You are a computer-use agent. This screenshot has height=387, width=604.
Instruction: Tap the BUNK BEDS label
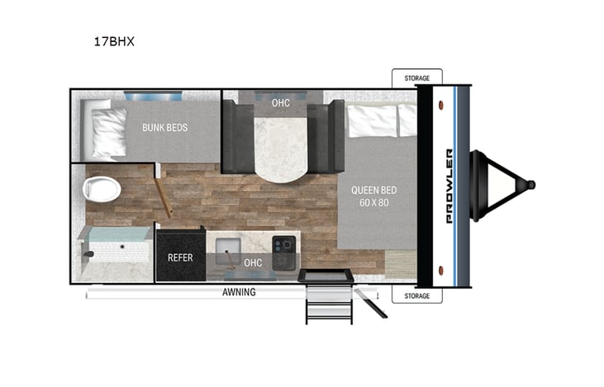point(164,128)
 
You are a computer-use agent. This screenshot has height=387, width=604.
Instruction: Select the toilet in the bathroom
point(102,189)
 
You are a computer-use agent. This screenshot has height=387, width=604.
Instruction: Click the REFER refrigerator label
point(180,257)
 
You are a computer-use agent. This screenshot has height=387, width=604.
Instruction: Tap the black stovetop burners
point(284,244)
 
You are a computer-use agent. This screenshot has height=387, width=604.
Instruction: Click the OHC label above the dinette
point(280,103)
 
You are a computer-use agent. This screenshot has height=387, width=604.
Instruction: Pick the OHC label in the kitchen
point(253,262)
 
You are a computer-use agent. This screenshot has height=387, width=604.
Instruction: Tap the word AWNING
point(239,292)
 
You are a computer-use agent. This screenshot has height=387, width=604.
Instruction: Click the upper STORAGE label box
point(416,78)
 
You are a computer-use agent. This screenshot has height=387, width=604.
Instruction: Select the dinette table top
point(280,145)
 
